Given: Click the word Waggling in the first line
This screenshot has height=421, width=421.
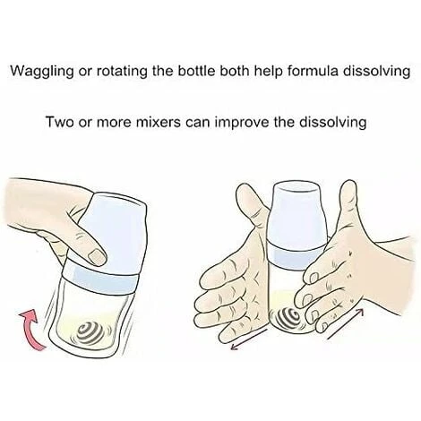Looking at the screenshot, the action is (x=42, y=72).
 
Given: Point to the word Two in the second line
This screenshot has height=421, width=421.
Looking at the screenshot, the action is (x=58, y=122).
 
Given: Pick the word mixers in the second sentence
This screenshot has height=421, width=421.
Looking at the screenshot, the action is (x=159, y=122).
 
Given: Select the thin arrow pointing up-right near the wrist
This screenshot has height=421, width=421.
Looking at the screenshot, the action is (x=346, y=323).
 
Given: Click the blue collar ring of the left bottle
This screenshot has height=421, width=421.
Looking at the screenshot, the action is (x=101, y=279).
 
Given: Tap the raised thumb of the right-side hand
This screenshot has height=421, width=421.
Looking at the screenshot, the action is (x=347, y=209).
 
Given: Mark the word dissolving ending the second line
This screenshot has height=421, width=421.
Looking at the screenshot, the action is (x=333, y=123).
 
